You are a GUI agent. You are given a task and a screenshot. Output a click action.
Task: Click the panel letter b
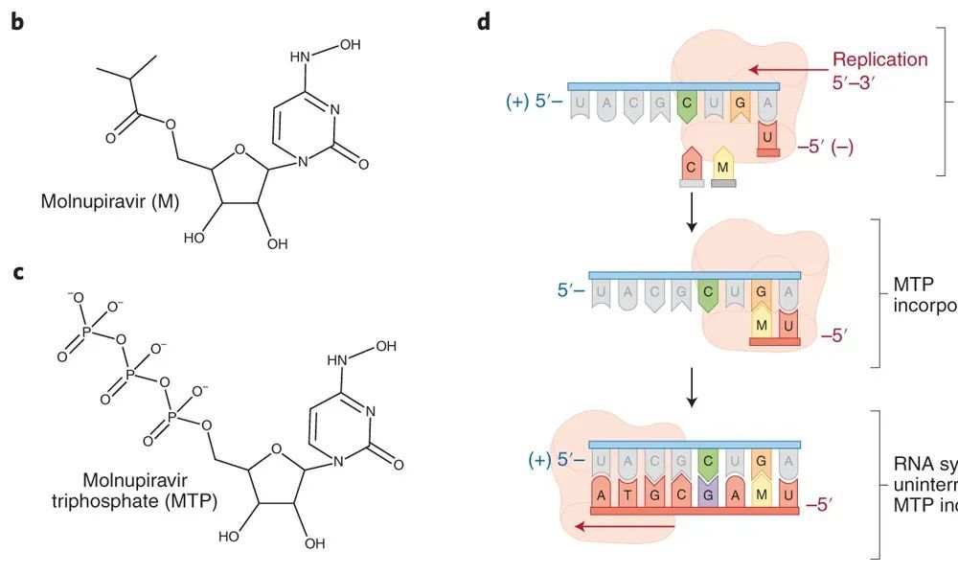pyautogui.click(x=16, y=19)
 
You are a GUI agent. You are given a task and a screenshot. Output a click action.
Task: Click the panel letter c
pyautogui.click(x=16, y=273)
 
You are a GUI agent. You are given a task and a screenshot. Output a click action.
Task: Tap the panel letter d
pyautogui.click(x=483, y=19)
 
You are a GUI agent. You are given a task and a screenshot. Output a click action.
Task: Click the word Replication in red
pyautogui.click(x=879, y=59)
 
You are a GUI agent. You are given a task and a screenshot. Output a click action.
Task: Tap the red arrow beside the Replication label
pyautogui.click(x=785, y=69)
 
